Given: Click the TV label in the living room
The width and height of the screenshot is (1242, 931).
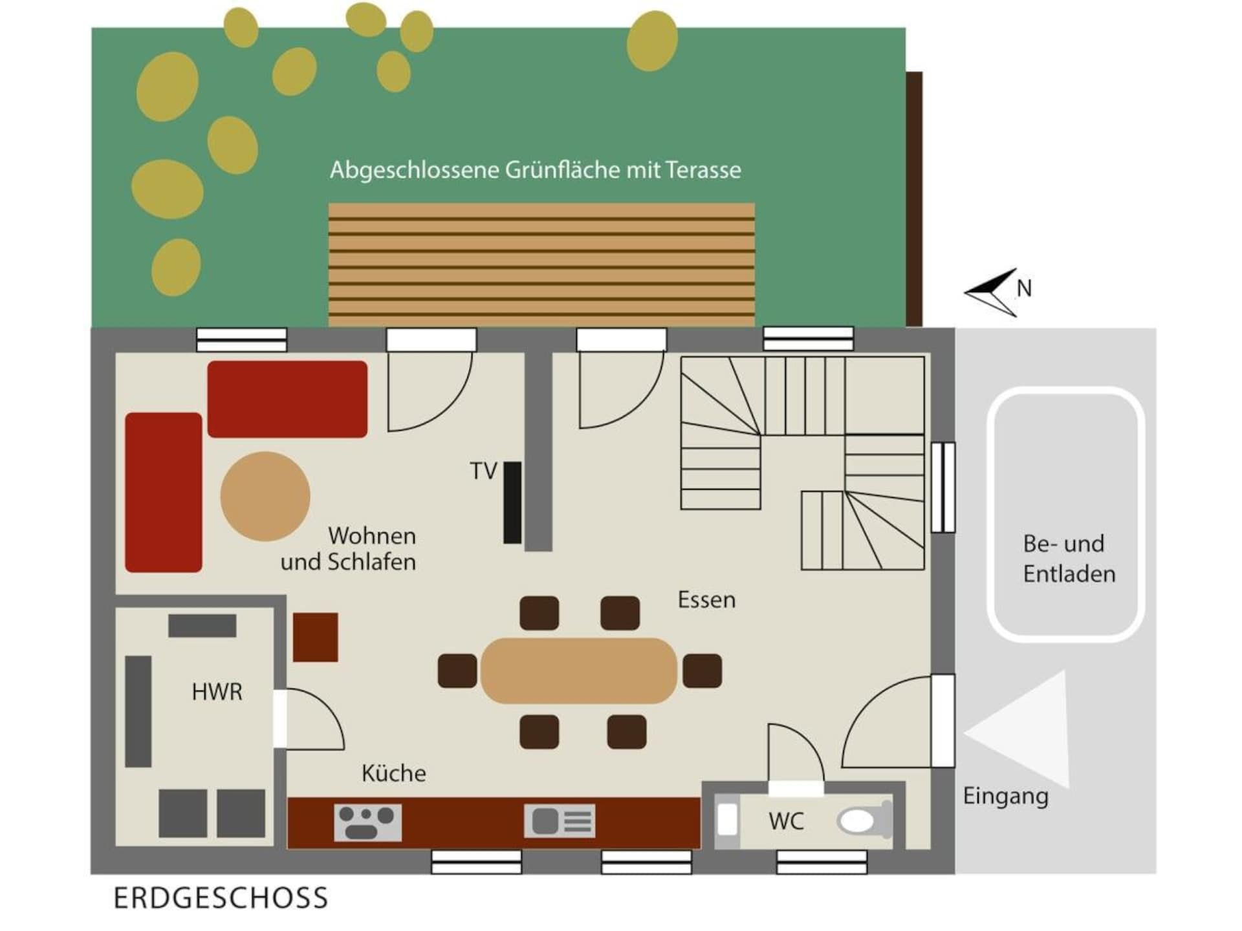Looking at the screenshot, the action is coord(483,471).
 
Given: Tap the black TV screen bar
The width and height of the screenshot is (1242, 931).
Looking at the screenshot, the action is coord(512,502).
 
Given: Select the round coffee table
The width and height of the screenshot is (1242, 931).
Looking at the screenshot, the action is coord(265,497).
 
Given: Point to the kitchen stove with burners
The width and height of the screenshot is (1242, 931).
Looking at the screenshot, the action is coord(367,822).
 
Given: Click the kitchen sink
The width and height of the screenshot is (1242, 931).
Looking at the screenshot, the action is coord(560,821).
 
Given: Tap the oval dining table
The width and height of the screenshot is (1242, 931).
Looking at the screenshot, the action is coord(579,670).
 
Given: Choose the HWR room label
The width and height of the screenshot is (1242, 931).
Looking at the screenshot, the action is coord(217,692).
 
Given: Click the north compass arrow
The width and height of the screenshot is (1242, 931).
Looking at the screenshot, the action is coord(991,292).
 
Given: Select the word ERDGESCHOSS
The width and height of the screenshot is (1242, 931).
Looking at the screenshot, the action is coord(221,898).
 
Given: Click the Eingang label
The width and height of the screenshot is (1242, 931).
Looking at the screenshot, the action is coord(1005,796).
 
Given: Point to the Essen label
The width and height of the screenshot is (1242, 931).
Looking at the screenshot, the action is coord(706,600).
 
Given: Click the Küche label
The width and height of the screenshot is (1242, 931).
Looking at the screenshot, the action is coord(393,773).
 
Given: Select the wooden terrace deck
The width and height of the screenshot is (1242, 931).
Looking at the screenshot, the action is coord(541,265).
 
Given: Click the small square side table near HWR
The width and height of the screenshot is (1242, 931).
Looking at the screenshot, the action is coord(316,637).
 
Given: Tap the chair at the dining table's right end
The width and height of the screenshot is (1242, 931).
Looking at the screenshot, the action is coord(703,670).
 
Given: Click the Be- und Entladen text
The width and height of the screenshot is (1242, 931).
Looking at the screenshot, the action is coord(1069,559).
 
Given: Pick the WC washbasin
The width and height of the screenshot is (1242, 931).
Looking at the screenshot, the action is coord(728,820).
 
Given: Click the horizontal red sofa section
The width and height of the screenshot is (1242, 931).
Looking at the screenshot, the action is coord(287,399).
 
